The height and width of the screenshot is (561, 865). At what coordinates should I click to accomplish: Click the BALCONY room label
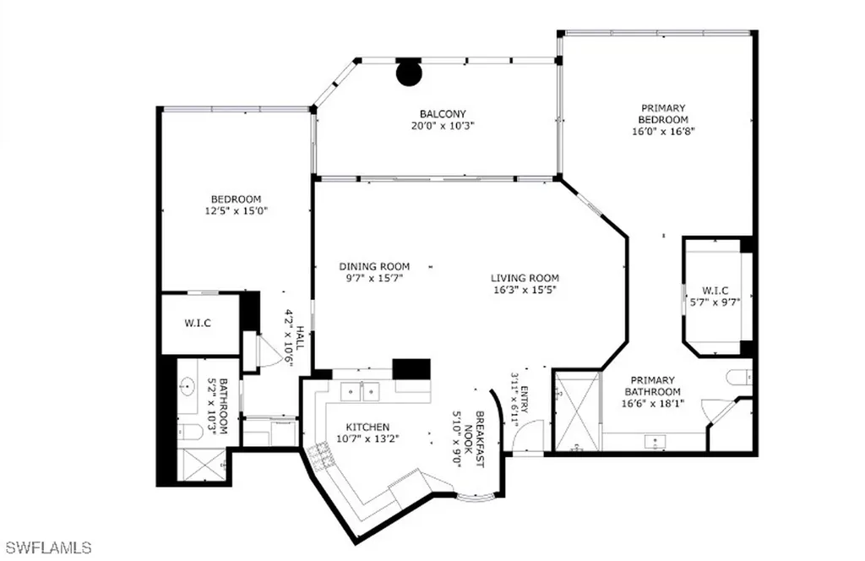tap(443, 114)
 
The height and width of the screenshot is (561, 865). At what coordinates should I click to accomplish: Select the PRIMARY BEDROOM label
tap(663, 113)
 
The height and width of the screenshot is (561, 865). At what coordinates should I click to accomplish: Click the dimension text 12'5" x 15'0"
tap(237, 210)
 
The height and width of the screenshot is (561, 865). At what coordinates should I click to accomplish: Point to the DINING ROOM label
tap(374, 266)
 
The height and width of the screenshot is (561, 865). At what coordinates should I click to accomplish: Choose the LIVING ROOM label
tap(525, 278)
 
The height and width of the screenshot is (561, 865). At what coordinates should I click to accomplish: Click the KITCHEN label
tap(368, 427)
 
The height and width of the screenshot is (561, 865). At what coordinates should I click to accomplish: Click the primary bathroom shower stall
tap(576, 411)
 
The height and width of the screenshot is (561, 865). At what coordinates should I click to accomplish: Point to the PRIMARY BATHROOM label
tap(653, 385)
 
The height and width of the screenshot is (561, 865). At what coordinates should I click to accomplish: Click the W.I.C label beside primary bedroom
tap(715, 290)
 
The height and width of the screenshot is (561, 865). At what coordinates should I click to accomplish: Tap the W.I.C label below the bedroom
tap(198, 323)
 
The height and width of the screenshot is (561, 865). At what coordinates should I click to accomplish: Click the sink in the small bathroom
tap(187, 387)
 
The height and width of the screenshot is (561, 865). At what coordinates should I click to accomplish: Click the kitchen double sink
tap(360, 392)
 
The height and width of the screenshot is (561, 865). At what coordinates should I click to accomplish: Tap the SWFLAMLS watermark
tap(46, 547)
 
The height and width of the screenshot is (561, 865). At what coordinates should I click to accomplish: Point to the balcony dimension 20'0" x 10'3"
tap(443, 126)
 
